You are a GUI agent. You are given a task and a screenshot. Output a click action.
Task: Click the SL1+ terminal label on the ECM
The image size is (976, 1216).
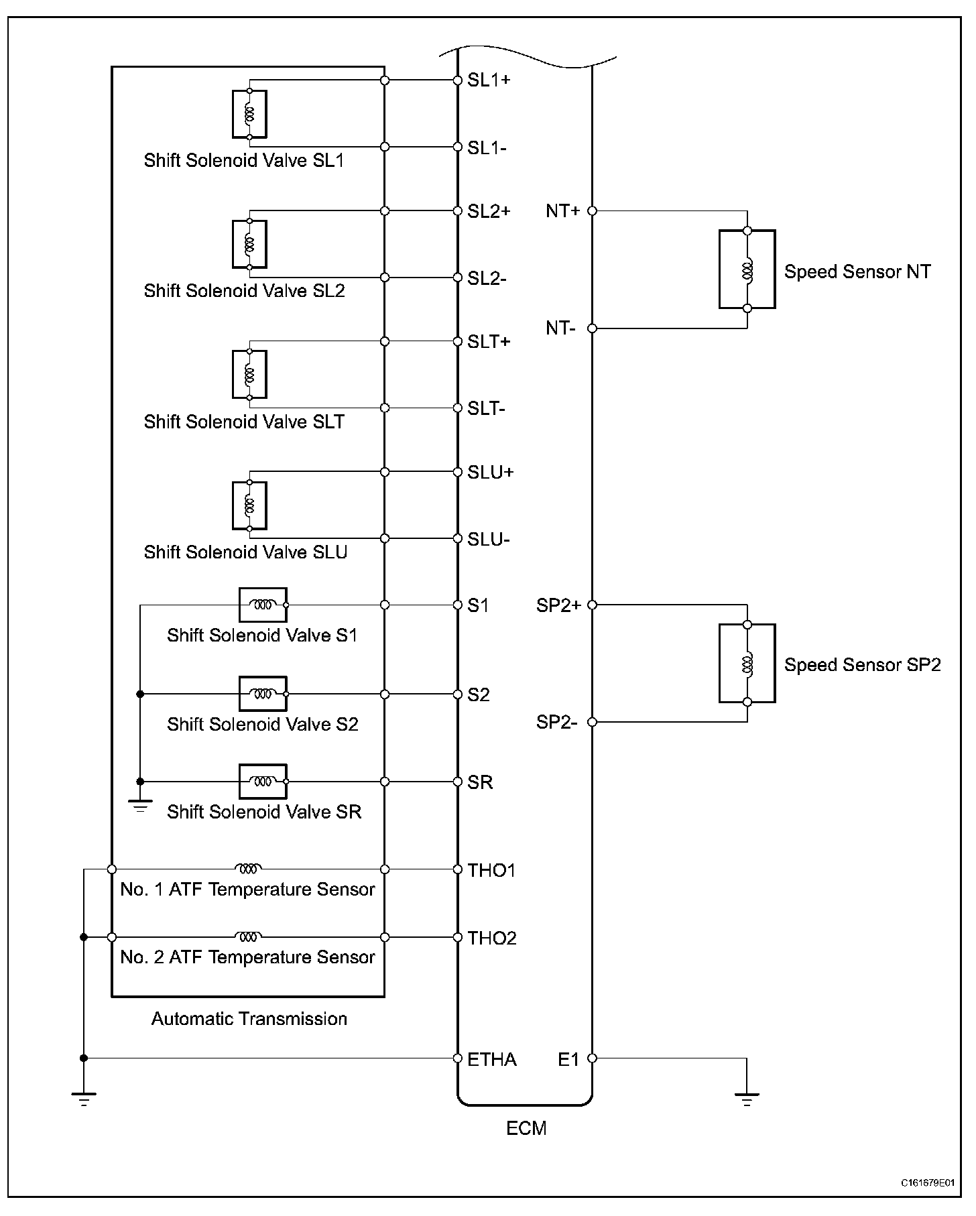(x=489, y=80)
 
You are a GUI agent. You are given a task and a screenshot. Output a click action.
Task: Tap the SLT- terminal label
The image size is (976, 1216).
(x=486, y=408)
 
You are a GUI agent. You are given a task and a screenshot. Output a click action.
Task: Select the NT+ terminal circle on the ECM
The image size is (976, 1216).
(x=592, y=211)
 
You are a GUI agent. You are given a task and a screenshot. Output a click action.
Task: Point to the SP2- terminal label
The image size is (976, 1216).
(x=556, y=722)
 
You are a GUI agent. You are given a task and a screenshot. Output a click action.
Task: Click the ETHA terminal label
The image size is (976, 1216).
(x=492, y=1059)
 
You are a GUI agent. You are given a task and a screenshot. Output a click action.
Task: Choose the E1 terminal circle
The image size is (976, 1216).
(x=592, y=1058)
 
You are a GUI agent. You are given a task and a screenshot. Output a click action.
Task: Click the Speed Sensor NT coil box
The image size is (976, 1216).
(x=747, y=269)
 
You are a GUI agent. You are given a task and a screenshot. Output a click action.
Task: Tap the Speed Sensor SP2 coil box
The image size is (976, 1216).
(x=747, y=663)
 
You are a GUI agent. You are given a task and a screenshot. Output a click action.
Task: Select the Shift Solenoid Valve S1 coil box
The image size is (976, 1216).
(x=263, y=605)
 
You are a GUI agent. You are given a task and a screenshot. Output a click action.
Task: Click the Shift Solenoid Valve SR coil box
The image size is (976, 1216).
(x=263, y=782)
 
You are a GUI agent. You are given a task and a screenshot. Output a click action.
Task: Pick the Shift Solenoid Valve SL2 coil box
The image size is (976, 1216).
(x=249, y=244)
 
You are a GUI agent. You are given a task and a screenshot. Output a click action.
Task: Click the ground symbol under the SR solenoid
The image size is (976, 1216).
(x=140, y=806)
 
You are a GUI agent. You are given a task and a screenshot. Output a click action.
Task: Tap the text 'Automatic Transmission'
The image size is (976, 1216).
(x=249, y=1019)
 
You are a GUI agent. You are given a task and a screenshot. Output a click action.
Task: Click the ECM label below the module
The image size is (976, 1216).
(x=526, y=1128)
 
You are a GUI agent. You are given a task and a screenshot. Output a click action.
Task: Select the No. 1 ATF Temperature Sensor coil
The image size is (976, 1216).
(x=247, y=869)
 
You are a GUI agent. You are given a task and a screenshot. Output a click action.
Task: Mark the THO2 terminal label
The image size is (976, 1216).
(x=492, y=938)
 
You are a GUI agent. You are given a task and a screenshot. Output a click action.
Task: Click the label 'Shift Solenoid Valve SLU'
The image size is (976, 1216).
(x=245, y=552)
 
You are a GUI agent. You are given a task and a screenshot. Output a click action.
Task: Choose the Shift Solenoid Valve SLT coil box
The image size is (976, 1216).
(x=249, y=375)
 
